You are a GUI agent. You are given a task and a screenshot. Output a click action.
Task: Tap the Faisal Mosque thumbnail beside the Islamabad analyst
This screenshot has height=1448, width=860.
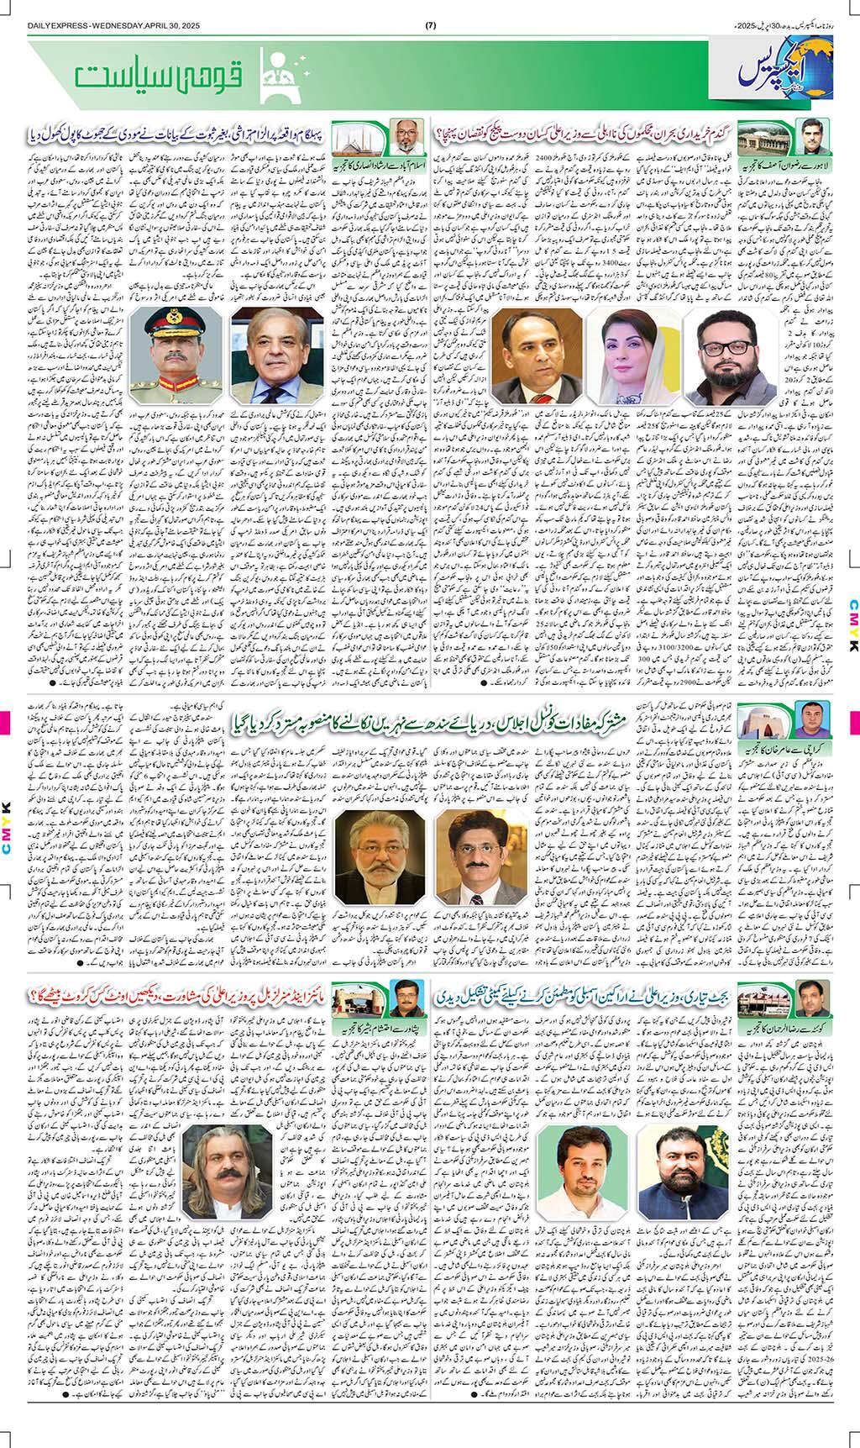pyautogui.click(x=359, y=134)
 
